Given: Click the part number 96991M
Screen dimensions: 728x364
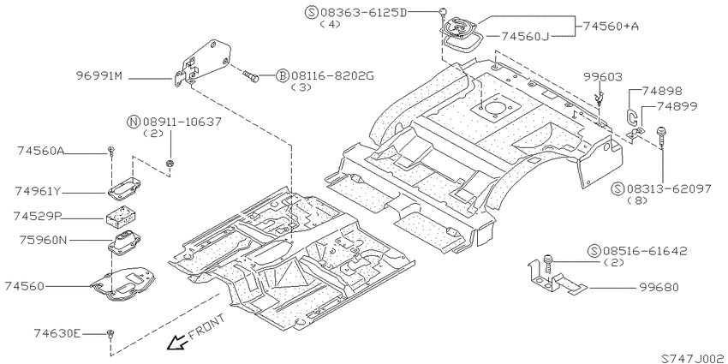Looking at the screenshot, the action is tap(99, 76).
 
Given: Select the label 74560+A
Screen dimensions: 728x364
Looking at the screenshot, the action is tap(611, 27).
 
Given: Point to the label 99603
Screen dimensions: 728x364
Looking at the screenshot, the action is tap(603, 77).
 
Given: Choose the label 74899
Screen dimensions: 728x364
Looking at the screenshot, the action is tap(677, 106).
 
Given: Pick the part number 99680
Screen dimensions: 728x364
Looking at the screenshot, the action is tap(659, 288).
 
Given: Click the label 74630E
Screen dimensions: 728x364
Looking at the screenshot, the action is tap(57, 333).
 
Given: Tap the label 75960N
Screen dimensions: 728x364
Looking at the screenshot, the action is tap(44, 240).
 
